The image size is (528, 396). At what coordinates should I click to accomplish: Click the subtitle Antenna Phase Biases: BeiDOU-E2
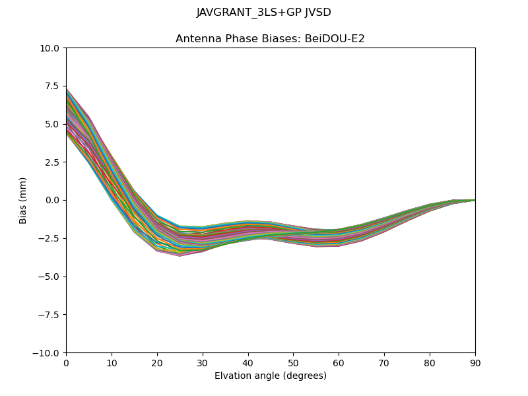coord(270,39)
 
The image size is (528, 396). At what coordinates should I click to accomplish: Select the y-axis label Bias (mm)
coord(23,200)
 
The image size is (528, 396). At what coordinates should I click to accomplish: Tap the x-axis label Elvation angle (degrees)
coord(270,376)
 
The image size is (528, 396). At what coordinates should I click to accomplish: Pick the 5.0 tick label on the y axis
coord(52,124)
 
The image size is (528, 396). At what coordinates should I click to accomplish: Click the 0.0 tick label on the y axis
coord(52,200)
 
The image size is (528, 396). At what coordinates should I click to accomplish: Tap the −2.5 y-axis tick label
coord(49,238)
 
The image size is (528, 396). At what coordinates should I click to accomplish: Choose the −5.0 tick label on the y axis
coord(49,277)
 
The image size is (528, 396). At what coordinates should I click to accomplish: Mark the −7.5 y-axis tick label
coord(49,315)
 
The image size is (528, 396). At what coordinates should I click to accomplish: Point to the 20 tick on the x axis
coord(157,362)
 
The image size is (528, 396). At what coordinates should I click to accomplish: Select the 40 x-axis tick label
coord(248,362)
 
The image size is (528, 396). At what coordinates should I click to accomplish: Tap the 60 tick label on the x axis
coord(339,362)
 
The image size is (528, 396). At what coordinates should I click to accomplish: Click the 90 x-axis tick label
coord(475,362)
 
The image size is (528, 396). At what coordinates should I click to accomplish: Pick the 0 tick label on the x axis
coord(66,362)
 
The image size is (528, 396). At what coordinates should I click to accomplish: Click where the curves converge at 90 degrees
coord(475,200)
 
